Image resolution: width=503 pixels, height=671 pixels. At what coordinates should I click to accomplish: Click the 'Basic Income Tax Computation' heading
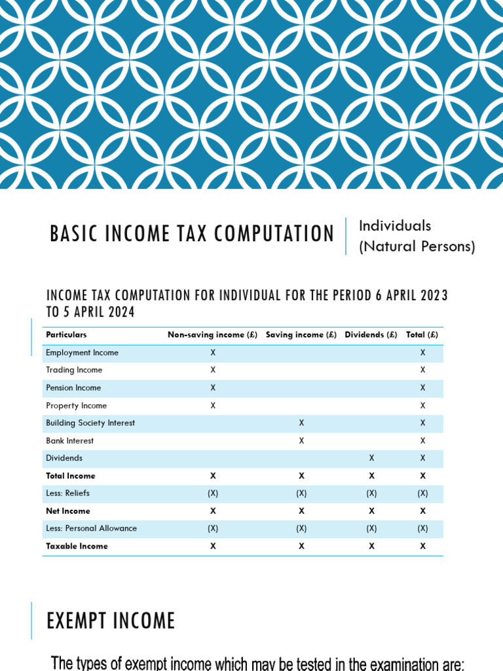[192, 234]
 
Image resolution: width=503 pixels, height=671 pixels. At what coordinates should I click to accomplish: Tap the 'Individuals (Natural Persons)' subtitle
[417, 236]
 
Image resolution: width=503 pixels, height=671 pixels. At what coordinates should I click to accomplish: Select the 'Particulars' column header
[66, 335]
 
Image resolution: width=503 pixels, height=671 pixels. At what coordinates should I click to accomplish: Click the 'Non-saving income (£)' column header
[213, 335]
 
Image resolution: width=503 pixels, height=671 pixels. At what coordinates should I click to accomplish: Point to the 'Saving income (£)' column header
[301, 335]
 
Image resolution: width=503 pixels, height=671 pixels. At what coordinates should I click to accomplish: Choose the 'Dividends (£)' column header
[371, 335]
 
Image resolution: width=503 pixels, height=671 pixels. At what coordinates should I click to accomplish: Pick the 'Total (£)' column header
[422, 335]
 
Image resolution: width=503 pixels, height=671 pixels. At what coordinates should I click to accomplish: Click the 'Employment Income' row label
[83, 353]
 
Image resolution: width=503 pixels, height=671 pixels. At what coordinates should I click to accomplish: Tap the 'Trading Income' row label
[74, 370]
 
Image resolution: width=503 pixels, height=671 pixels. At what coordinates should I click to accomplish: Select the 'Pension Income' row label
[73, 388]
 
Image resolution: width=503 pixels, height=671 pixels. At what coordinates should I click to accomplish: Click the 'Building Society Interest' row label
[90, 423]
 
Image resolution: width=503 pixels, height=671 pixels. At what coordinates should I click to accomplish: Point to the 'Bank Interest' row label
[70, 441]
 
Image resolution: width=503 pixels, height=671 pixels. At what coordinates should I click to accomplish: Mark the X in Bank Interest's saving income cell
[301, 441]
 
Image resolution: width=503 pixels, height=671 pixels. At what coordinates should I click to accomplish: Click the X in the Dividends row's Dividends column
[371, 459]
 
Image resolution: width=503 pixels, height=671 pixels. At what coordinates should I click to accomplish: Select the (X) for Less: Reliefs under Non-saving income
[213, 493]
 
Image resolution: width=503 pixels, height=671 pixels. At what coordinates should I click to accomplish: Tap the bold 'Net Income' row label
[68, 511]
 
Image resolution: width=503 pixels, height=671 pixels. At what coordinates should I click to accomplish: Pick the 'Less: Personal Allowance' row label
[92, 528]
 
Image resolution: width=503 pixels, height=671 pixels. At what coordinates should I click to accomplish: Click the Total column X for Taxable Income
[422, 546]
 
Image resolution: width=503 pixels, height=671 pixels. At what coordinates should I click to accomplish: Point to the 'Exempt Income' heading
[111, 621]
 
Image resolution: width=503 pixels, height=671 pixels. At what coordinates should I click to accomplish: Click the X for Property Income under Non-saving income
[213, 406]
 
